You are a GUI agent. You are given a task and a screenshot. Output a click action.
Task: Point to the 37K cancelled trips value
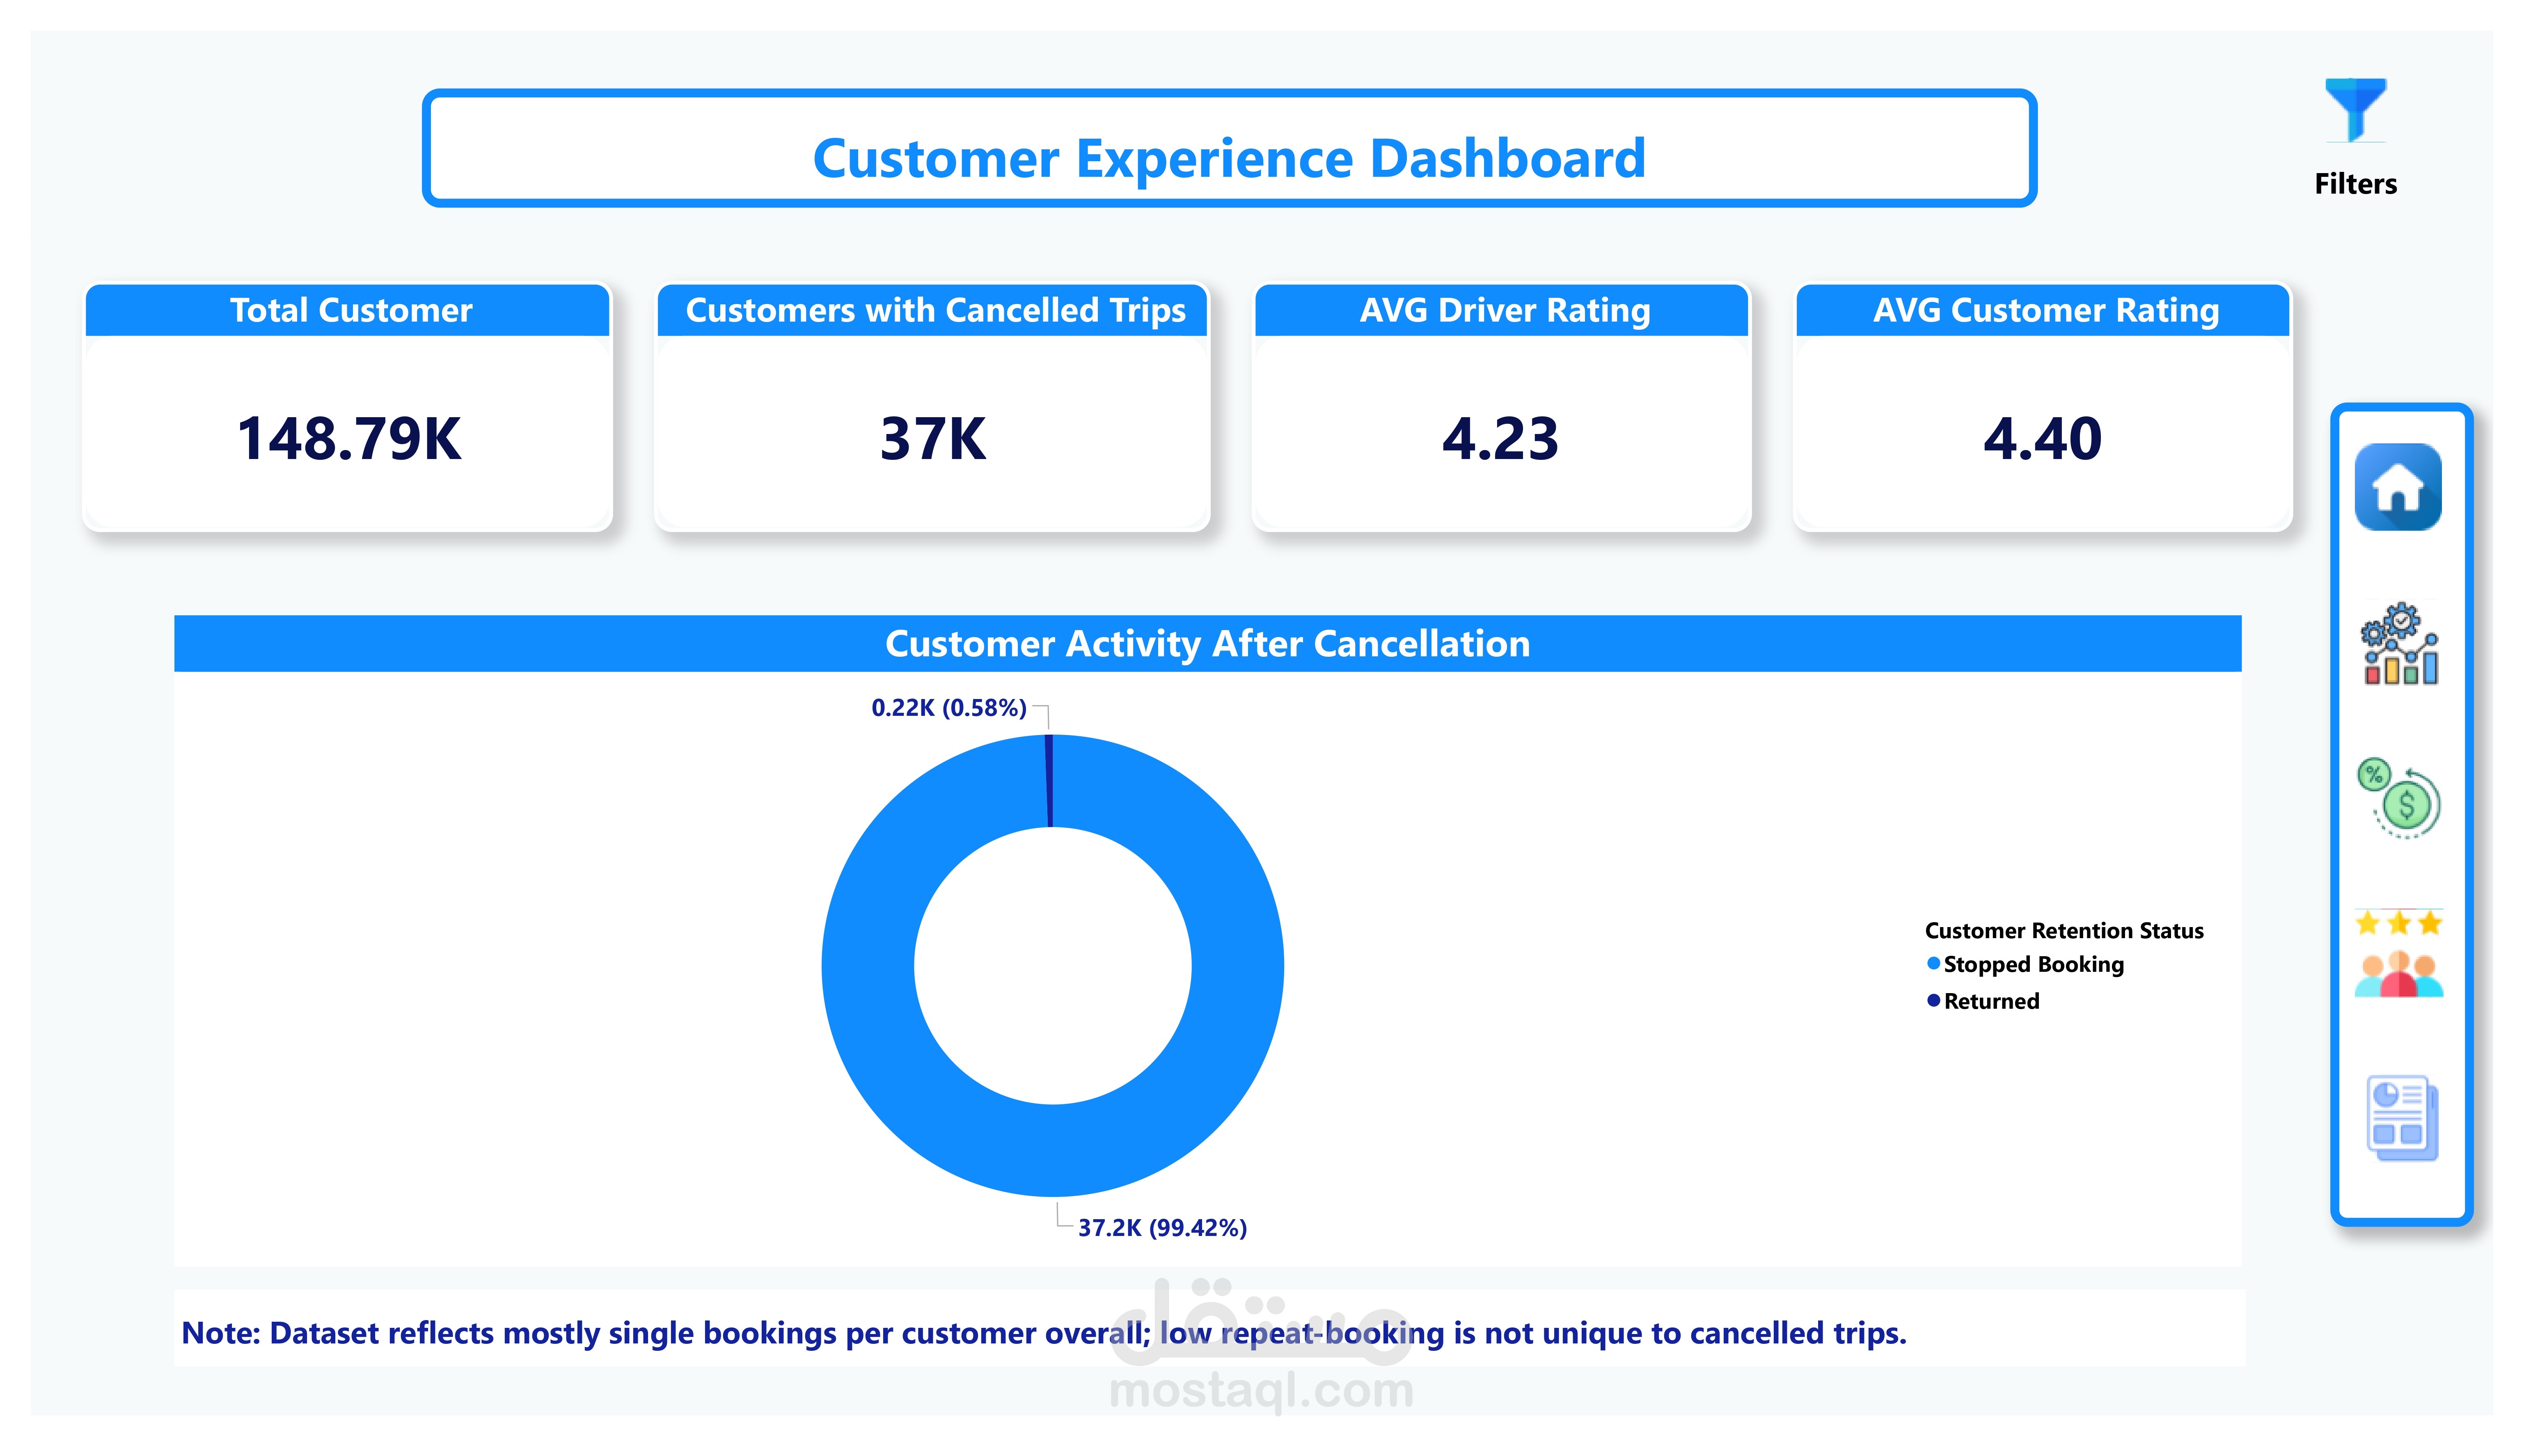click(933, 439)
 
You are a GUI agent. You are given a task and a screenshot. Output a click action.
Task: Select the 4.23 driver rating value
click(1500, 439)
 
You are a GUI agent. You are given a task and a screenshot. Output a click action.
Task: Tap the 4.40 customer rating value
click(2042, 439)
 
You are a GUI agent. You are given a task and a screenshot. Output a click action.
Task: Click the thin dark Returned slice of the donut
click(1049, 781)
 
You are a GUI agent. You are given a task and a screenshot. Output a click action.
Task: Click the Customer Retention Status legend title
click(2064, 930)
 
